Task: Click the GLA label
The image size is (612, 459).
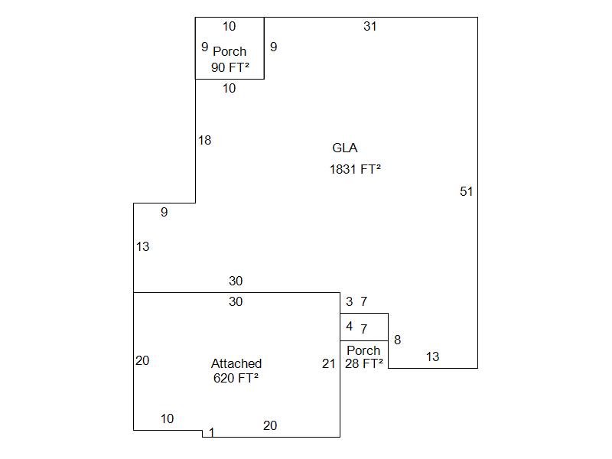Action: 344,148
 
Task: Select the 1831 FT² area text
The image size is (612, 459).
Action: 355,169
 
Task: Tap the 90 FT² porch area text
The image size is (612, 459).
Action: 229,67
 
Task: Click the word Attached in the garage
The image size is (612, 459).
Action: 236,363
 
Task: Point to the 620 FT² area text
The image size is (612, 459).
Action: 236,377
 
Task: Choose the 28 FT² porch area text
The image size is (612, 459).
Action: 363,364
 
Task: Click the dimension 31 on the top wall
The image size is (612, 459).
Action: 370,26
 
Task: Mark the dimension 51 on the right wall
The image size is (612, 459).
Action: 467,191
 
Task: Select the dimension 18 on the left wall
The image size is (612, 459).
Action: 204,140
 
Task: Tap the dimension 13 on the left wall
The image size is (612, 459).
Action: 142,246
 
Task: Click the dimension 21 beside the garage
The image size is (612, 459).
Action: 329,363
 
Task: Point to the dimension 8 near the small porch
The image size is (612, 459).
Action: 397,340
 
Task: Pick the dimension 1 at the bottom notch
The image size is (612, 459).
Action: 212,433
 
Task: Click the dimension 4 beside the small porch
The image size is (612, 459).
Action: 350,327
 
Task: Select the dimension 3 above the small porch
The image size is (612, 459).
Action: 350,301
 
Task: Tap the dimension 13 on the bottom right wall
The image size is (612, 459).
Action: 432,356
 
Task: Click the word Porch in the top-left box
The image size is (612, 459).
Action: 229,51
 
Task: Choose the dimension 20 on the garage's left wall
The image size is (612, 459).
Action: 142,360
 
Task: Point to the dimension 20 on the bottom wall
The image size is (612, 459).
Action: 270,425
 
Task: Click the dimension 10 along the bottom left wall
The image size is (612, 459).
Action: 167,418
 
